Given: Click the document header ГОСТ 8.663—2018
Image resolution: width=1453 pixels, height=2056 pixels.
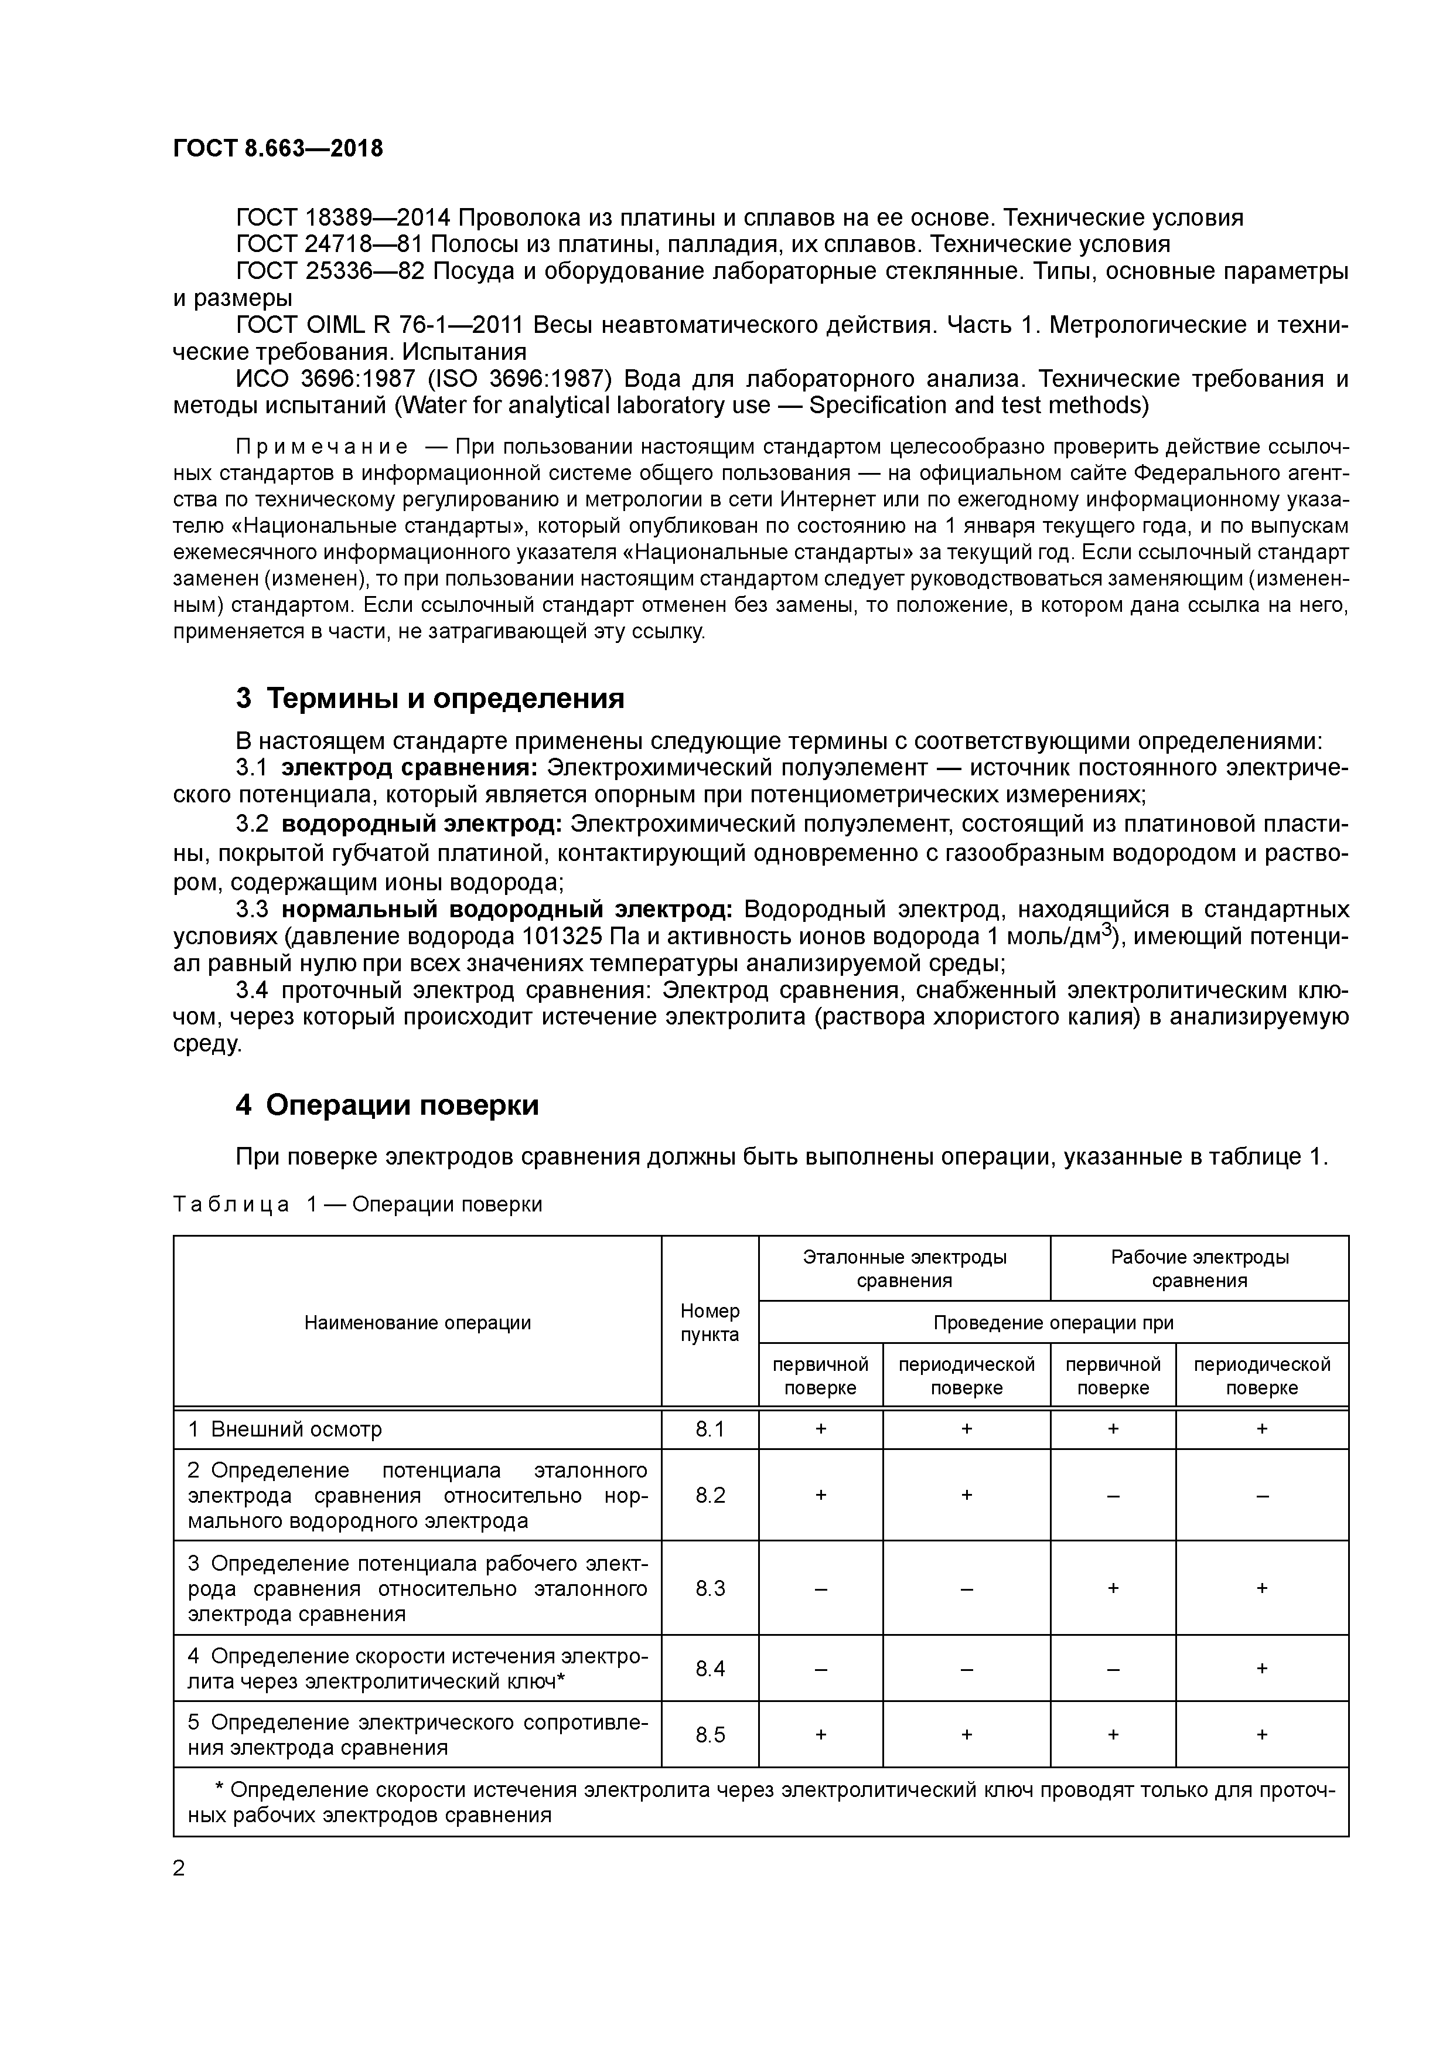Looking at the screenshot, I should pos(278,149).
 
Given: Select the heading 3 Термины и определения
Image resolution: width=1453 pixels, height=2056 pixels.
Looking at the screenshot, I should pos(429,699).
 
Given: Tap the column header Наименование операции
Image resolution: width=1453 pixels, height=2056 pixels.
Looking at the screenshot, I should pos(417,1323).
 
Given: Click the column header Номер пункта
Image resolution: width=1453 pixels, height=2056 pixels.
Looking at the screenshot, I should pos(710,1323).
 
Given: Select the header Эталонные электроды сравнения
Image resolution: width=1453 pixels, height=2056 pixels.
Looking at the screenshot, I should pos(904,1268).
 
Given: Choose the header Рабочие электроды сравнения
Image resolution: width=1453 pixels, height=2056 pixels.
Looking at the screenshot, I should pos(1200,1268).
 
